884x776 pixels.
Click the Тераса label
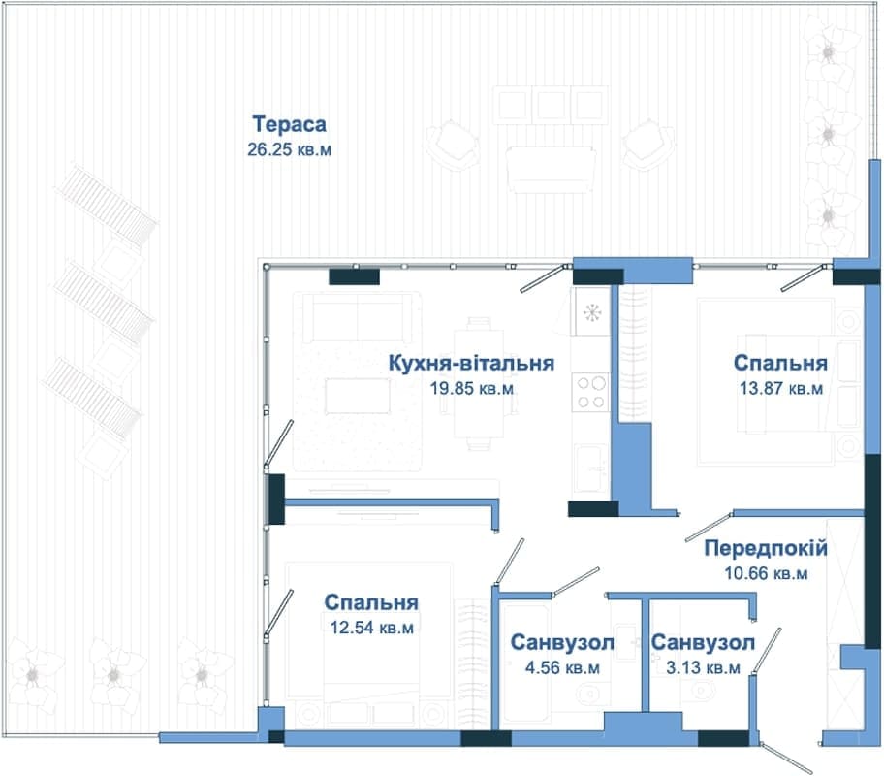tap(289, 124)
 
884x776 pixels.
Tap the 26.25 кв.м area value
tap(289, 149)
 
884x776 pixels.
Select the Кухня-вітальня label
tap(471, 363)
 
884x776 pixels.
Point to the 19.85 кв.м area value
tap(471, 388)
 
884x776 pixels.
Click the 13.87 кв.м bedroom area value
tap(781, 388)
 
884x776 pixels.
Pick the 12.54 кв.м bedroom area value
tap(371, 628)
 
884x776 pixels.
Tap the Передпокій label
tap(766, 549)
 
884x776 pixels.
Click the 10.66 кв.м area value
tap(766, 573)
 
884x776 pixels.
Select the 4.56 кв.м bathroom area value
tap(562, 667)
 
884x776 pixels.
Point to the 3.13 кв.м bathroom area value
tap(703, 667)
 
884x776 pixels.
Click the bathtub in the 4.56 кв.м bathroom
tap(525, 663)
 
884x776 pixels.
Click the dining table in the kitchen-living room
tap(479, 384)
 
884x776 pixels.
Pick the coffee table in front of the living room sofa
tap(358, 396)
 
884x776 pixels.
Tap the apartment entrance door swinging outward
tap(786, 758)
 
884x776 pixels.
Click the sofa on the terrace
tap(551, 170)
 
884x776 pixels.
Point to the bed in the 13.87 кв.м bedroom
tap(766, 382)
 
